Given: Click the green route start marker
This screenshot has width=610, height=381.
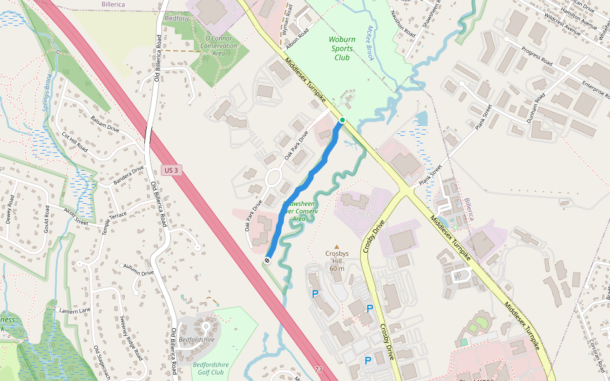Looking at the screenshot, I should click(x=342, y=120).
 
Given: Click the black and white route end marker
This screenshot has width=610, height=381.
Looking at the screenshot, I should click(x=268, y=260).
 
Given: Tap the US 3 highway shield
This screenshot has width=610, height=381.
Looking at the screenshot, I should click(x=170, y=170).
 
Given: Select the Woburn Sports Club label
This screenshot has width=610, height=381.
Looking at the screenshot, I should click(x=342, y=48).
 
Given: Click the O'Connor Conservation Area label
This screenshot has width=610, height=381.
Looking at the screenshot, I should click(x=218, y=46).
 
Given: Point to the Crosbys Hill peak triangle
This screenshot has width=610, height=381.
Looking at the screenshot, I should click(x=337, y=247).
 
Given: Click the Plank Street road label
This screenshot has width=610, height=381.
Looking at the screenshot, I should click(x=484, y=117).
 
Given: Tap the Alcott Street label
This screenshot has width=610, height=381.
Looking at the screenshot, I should click(x=76, y=215).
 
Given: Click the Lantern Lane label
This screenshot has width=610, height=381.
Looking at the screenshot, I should click(x=75, y=311).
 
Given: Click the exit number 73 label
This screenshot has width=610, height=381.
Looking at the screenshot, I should click(x=318, y=370).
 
